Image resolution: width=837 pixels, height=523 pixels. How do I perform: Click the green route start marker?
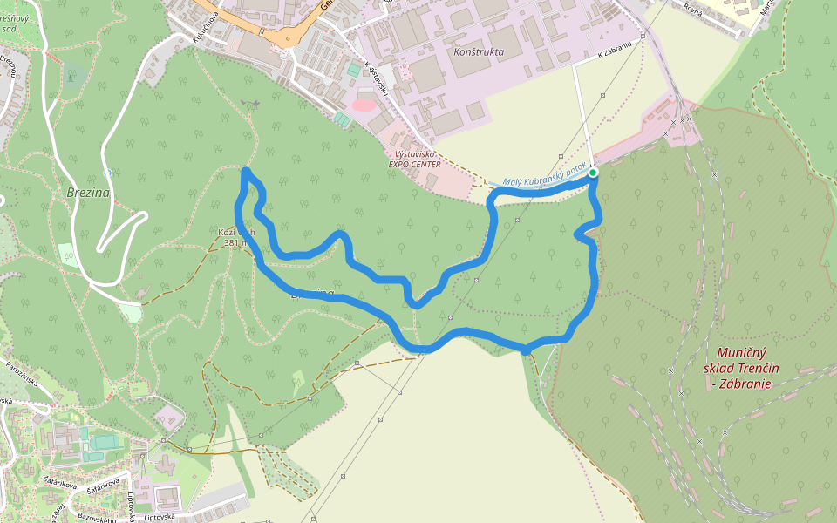tap(593, 173)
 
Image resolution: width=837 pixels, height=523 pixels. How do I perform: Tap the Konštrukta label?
tap(480, 52)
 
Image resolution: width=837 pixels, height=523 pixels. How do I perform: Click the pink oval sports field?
tap(364, 105)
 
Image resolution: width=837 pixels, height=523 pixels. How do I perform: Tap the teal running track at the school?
tap(105, 443)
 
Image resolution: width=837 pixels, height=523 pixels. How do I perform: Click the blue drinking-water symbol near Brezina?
tap(106, 172)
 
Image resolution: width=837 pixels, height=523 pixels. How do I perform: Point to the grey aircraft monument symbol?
tap(252, 105)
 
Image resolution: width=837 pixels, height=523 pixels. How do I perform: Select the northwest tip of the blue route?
tap(246, 172)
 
